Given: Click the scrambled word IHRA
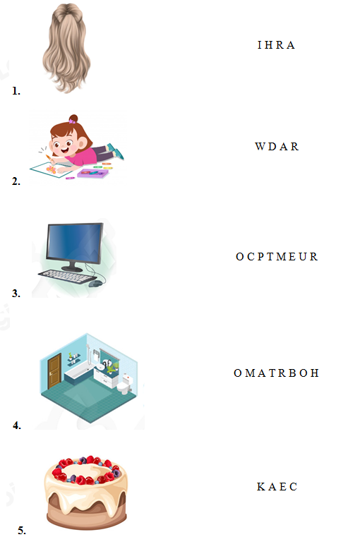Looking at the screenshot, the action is coord(276,45).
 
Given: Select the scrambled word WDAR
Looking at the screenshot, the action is coord(277,146).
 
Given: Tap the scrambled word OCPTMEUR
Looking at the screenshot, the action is coord(277,257).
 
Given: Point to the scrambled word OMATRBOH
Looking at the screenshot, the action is coord(277,373).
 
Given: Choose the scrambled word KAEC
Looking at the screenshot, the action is coord(277,487).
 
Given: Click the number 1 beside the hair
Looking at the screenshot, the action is coord(16,91).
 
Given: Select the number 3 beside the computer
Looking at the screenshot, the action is coord(16,293).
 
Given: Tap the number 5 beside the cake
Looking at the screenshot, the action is coord(22,531).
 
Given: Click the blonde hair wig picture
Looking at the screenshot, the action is coord(66,48).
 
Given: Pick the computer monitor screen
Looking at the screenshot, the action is coord(75,244).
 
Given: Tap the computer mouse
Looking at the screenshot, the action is coord(95,283).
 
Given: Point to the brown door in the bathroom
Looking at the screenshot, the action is coord(54,370).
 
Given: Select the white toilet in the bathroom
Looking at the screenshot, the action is coord(124,384).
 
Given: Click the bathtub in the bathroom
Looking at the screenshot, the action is coord(78,373).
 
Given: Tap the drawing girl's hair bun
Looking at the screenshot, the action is coord(73,119).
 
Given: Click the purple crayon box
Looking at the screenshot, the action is coord(92,174).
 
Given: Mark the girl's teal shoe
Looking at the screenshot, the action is coord(119,153).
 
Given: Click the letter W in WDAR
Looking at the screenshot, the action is coord(260,146).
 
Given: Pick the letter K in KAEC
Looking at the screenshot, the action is coord(261,487).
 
